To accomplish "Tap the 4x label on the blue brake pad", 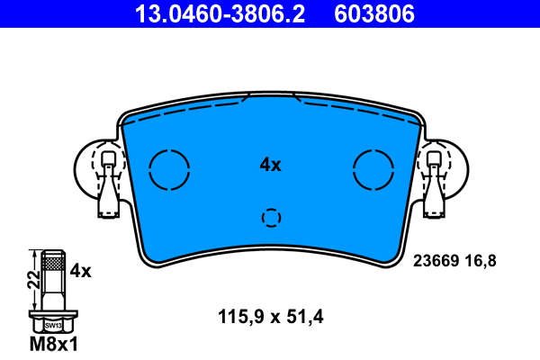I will (x=270, y=165).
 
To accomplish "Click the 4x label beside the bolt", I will (x=81, y=270).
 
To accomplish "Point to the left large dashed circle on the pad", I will (x=168, y=168).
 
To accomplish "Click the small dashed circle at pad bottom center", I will (x=271, y=218).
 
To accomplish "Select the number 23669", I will (x=435, y=261).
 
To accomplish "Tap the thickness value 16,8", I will (x=479, y=261).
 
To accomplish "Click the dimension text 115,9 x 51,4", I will (x=270, y=317).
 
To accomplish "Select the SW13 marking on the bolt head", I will (x=53, y=325).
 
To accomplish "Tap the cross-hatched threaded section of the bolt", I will (x=52, y=264).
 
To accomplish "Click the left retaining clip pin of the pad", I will (x=108, y=184).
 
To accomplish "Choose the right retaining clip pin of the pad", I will (x=434, y=184).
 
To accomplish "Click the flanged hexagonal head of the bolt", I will (x=53, y=323).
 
